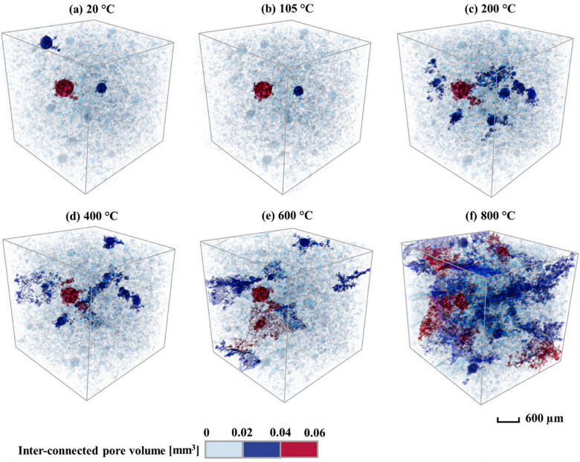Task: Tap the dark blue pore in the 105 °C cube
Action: coord(298,91)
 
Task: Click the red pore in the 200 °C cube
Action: coord(462,91)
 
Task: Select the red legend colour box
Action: coord(298,449)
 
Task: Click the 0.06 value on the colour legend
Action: coord(315,431)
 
